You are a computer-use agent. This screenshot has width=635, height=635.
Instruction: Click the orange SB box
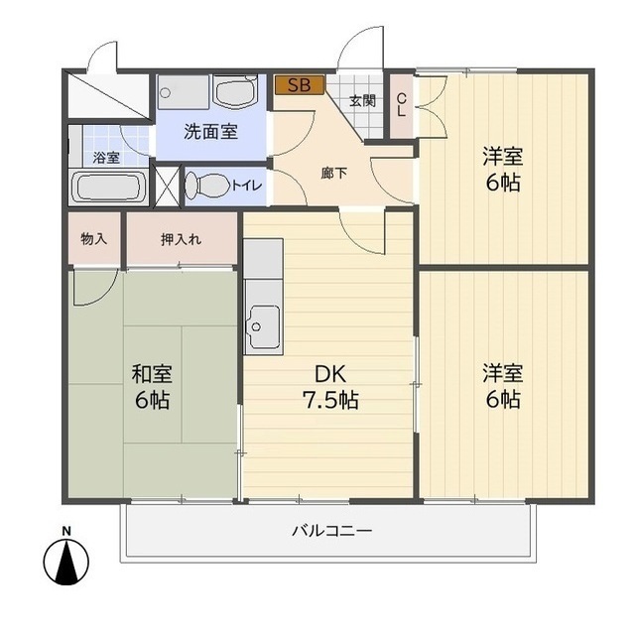click(x=299, y=85)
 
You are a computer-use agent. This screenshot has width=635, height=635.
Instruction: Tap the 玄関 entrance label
click(x=362, y=100)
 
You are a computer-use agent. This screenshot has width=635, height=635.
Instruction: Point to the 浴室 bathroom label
click(x=106, y=158)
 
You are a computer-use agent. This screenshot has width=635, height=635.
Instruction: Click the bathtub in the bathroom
click(x=110, y=187)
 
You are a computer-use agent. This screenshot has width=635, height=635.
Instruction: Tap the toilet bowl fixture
click(x=205, y=185)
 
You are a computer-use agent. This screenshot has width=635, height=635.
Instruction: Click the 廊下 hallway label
click(x=334, y=171)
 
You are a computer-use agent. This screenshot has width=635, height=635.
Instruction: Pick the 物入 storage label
click(x=94, y=239)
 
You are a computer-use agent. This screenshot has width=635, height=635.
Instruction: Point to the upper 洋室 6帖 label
click(x=503, y=169)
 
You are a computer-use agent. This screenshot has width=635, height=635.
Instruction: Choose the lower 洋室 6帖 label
click(x=503, y=386)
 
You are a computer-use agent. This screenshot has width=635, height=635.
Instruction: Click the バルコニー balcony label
click(x=331, y=531)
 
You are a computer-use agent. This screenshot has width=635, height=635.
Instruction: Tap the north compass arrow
click(x=66, y=564)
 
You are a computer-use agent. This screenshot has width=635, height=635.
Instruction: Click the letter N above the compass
click(x=66, y=530)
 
